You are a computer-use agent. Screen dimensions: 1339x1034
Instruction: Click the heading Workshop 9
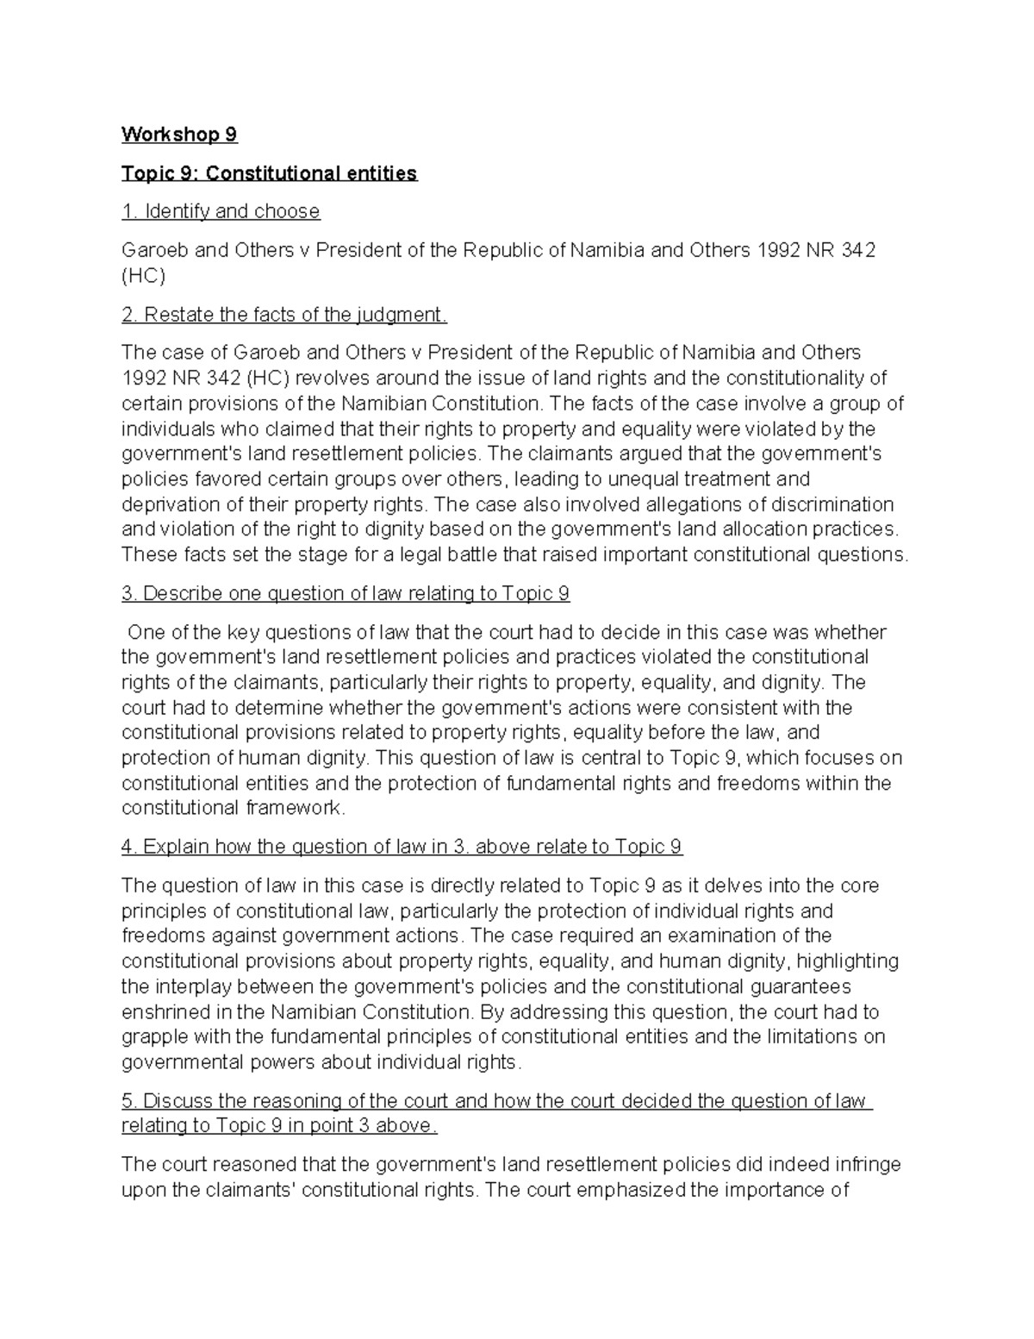pos(179,135)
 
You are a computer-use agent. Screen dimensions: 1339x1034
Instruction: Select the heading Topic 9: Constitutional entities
pos(269,173)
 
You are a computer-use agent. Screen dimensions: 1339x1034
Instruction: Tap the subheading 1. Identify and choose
pos(221,211)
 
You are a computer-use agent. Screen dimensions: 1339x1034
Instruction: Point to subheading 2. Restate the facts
pos(284,315)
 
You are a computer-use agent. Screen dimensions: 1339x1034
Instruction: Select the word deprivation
pos(168,504)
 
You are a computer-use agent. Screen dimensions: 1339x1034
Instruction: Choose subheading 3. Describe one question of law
pos(346,593)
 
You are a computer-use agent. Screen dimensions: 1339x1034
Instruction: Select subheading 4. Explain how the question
pos(402,847)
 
